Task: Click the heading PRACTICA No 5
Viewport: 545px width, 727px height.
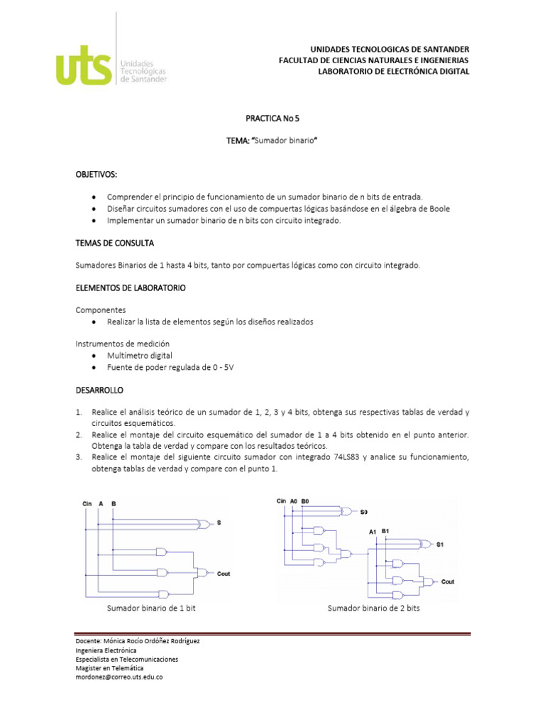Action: (x=272, y=118)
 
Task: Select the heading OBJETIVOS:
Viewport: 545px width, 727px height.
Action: (x=97, y=174)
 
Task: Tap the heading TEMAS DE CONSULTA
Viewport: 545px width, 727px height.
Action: (x=114, y=243)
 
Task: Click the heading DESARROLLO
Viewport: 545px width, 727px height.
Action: (x=99, y=390)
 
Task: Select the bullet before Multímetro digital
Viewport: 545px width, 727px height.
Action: (x=94, y=355)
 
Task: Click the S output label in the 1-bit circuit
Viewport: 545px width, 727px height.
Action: (x=219, y=523)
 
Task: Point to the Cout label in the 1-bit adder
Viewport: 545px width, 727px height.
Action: (x=224, y=574)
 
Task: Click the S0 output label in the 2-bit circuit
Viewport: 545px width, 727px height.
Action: (x=364, y=512)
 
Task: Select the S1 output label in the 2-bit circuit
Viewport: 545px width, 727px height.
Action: (x=440, y=545)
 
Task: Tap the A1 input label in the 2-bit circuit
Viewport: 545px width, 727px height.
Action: (x=373, y=532)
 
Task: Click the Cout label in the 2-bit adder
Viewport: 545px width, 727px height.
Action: (x=448, y=581)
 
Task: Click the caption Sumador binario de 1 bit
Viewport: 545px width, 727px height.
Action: (x=151, y=608)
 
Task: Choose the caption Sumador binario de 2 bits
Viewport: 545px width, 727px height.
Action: (x=373, y=608)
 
